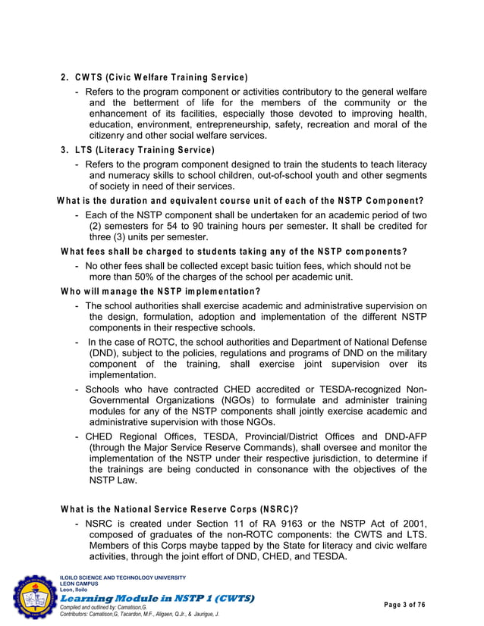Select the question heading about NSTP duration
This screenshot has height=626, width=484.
[240, 201]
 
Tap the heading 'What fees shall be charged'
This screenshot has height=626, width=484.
[234, 252]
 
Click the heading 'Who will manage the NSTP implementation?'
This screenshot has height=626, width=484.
[160, 292]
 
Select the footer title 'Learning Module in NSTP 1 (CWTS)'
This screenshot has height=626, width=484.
[157, 598]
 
